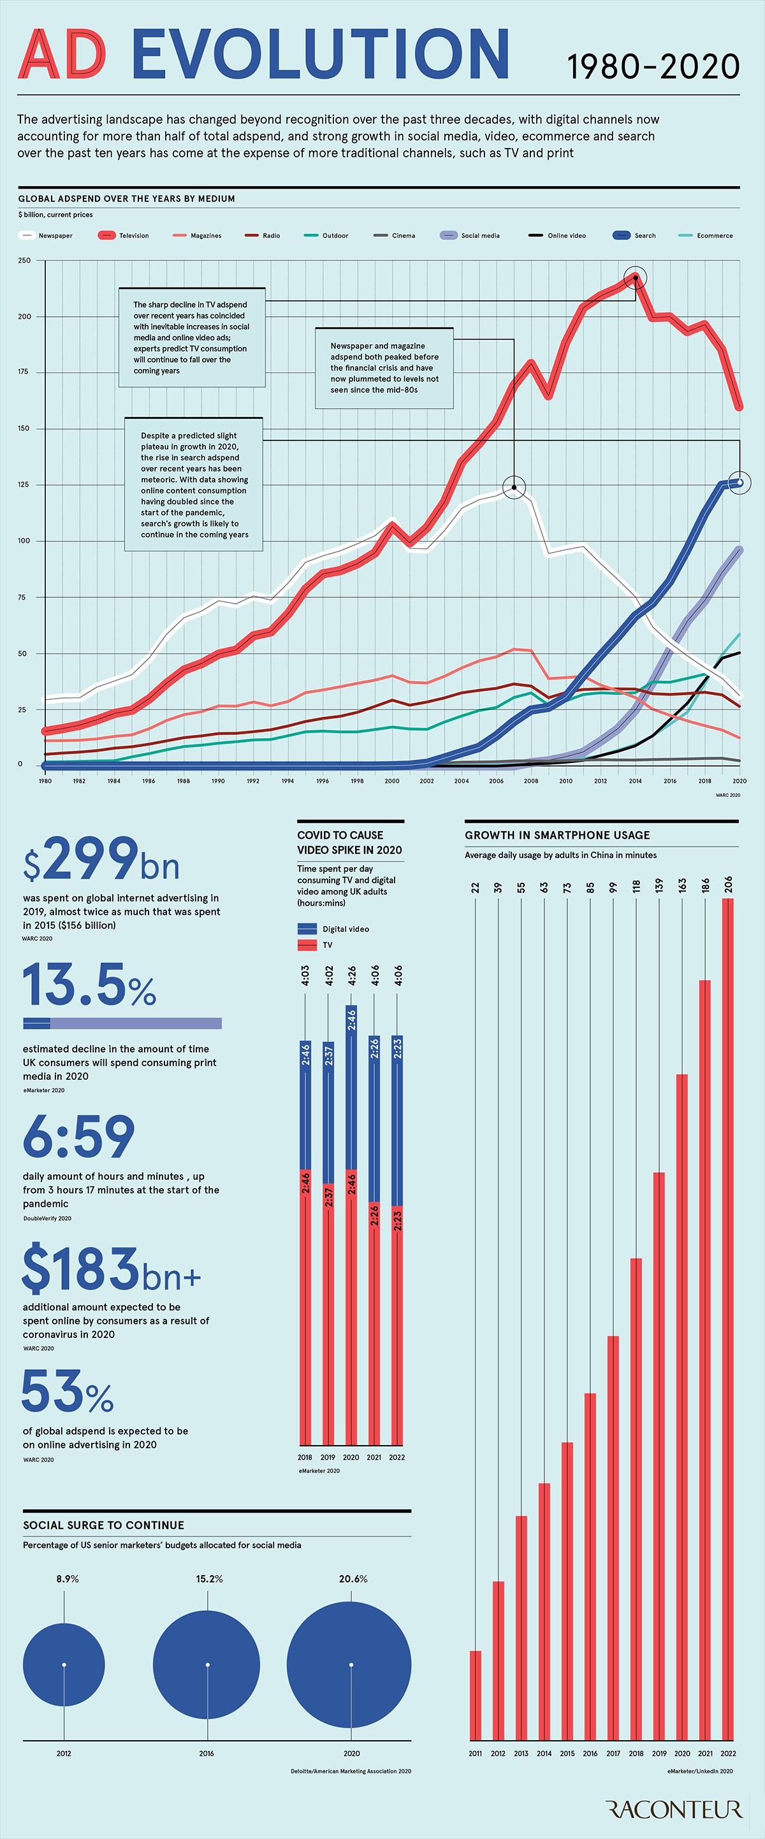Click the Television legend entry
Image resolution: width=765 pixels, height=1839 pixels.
(124, 236)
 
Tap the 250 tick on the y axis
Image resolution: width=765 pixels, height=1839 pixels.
(24, 261)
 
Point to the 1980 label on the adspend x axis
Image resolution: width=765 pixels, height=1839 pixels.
(45, 781)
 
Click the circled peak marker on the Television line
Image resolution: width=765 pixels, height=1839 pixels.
(635, 278)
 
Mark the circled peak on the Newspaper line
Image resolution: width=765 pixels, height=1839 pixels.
(514, 488)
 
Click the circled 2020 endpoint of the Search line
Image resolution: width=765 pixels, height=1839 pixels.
(740, 483)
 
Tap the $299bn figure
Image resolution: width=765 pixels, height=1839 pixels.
(101, 861)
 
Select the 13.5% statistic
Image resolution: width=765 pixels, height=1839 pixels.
(89, 985)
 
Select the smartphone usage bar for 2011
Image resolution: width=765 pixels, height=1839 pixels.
(476, 1696)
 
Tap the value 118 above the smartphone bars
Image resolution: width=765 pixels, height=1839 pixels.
(636, 887)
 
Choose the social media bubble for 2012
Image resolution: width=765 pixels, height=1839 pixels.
(64, 1664)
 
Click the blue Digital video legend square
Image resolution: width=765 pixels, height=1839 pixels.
(307, 929)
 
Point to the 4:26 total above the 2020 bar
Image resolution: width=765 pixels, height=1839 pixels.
(351, 975)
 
